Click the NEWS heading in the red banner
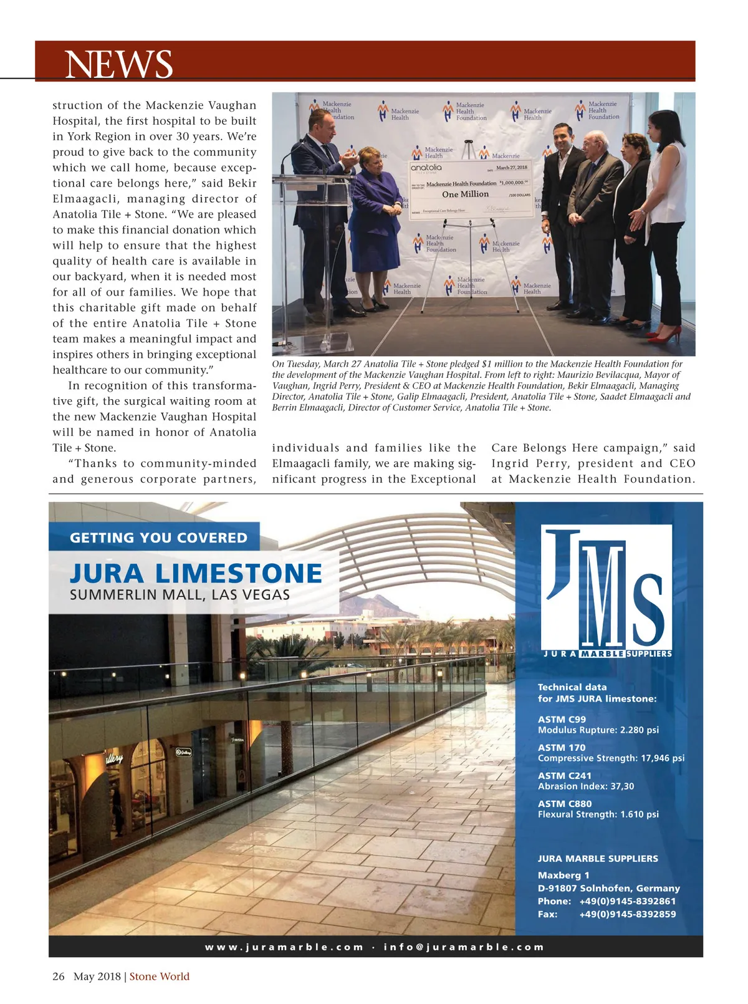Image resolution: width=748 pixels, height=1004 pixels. click(118, 64)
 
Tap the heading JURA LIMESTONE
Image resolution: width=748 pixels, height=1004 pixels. click(196, 574)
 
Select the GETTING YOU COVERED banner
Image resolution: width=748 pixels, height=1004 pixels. click(158, 538)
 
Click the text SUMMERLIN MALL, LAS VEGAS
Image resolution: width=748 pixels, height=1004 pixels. click(180, 595)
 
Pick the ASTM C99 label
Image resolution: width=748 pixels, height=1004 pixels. click(562, 719)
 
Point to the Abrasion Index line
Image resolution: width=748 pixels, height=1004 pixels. click(585, 786)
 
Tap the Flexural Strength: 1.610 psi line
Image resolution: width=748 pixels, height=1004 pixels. click(598, 814)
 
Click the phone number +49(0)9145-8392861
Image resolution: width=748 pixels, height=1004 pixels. click(627, 901)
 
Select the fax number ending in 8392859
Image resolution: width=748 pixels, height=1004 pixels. click(627, 914)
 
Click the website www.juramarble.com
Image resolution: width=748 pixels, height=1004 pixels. click(284, 947)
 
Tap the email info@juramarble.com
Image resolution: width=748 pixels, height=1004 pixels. click(464, 947)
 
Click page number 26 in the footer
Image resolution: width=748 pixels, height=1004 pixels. click(59, 977)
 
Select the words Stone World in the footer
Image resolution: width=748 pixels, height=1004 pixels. click(160, 977)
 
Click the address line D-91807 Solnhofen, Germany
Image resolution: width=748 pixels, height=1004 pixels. click(608, 888)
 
